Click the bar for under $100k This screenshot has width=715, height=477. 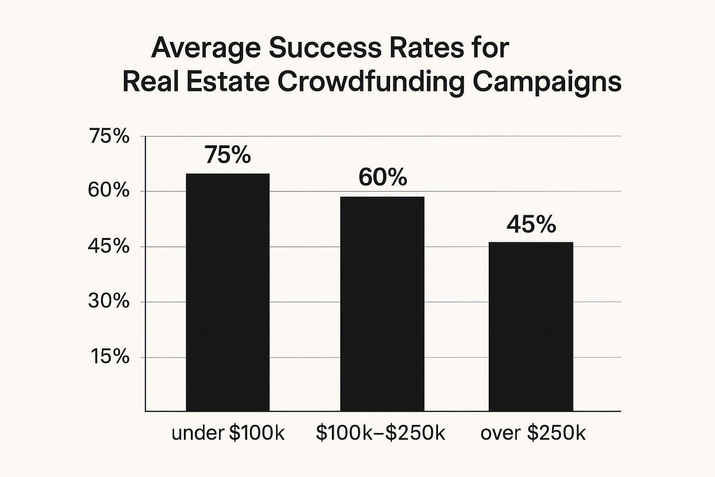(228, 292)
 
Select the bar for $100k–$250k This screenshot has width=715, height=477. (382, 304)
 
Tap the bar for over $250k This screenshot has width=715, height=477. (531, 327)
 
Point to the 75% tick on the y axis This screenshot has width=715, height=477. (109, 136)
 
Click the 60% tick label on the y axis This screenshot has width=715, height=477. (109, 191)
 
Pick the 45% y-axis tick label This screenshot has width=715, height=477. (109, 246)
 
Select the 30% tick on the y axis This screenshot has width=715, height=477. (109, 301)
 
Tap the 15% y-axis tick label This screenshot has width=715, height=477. (110, 357)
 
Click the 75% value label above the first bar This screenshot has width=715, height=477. (228, 155)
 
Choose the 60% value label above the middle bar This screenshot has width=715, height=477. (383, 177)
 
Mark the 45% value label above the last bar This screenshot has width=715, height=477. (531, 225)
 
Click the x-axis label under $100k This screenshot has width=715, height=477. (228, 433)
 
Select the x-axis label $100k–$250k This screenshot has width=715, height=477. (380, 433)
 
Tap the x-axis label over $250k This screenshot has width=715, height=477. (533, 433)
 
